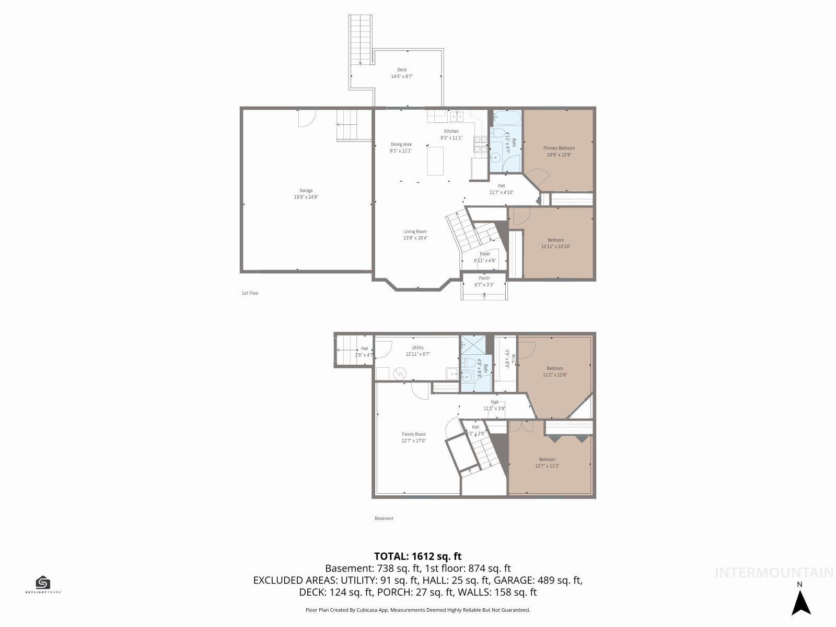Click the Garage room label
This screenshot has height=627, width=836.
pos(306,191)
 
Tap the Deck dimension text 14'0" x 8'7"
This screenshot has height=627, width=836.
pos(402,76)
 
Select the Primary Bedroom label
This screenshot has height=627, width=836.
pos(559,148)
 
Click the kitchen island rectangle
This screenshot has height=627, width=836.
pos(435,161)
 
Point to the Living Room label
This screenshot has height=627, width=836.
pos(415,231)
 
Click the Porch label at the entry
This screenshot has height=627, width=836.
pos(484,278)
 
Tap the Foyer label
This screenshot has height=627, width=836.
pos(484,254)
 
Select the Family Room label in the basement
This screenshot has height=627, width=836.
pos(413,434)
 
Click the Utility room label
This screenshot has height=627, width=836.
pos(417,347)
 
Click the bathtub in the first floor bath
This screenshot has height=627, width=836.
pos(507,118)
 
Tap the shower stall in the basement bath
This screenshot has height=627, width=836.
pos(472,345)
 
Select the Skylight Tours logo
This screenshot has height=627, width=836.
pos(43,585)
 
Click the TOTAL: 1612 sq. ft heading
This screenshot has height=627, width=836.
pos(417,556)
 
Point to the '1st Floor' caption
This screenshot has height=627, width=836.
pos(250,293)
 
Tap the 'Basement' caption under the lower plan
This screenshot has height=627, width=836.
pos(384,518)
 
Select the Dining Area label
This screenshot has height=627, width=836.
pos(401,144)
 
